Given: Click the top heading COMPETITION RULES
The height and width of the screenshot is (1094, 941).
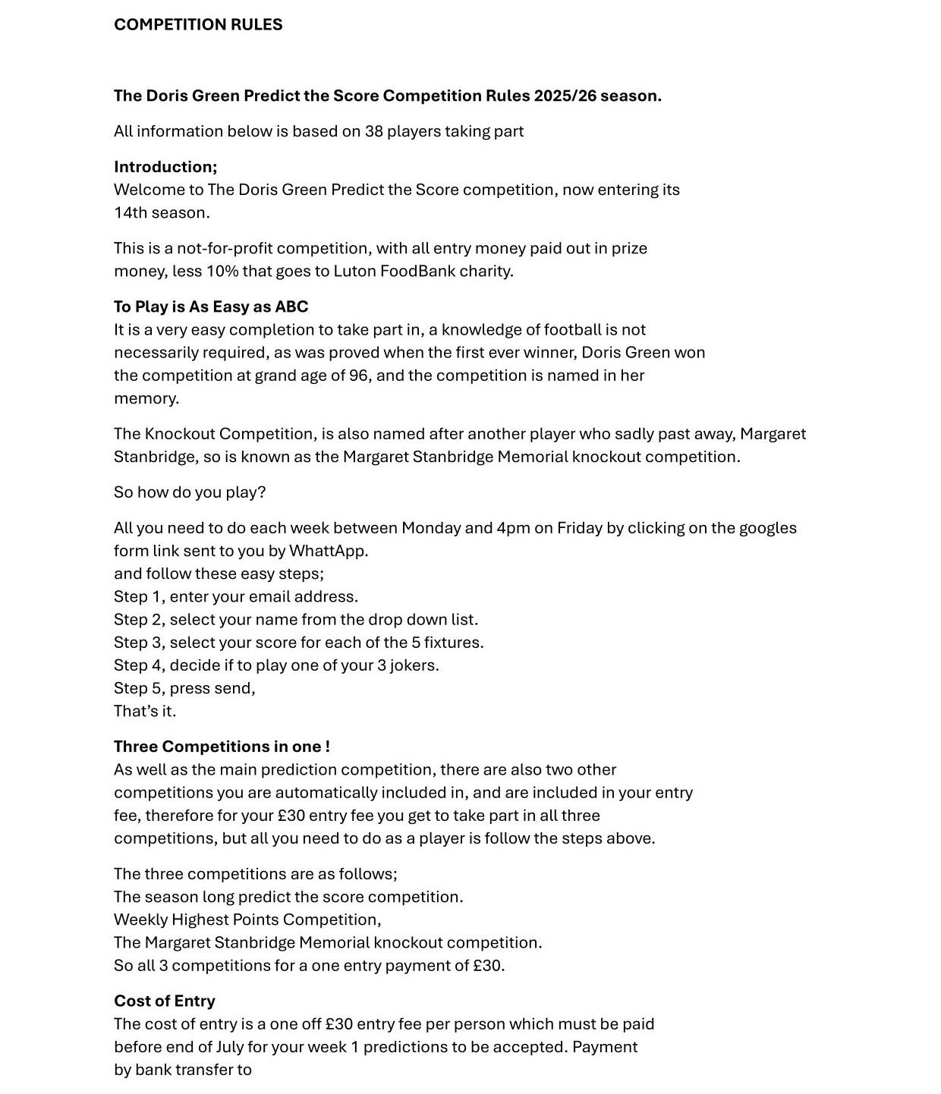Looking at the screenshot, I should pyautogui.click(x=198, y=25).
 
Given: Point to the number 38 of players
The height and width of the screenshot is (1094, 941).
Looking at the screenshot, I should pyautogui.click(x=373, y=131).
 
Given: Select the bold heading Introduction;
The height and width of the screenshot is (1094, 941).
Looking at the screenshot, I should pyautogui.click(x=165, y=167).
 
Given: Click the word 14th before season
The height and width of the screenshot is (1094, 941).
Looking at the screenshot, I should pyautogui.click(x=131, y=213).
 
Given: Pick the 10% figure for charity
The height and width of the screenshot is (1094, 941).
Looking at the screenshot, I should pyautogui.click(x=222, y=272).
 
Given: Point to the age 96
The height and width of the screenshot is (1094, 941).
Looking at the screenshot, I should pyautogui.click(x=358, y=376).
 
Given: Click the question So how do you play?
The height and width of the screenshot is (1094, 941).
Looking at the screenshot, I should pyautogui.click(x=190, y=492).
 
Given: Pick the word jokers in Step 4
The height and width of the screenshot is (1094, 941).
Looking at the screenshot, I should pyautogui.click(x=414, y=665).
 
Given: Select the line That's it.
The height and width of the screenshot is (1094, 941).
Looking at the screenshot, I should pyautogui.click(x=145, y=712).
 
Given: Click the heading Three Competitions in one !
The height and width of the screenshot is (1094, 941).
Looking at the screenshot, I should pyautogui.click(x=222, y=747).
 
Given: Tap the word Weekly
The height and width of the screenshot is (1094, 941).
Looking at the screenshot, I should pyautogui.click(x=140, y=920).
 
